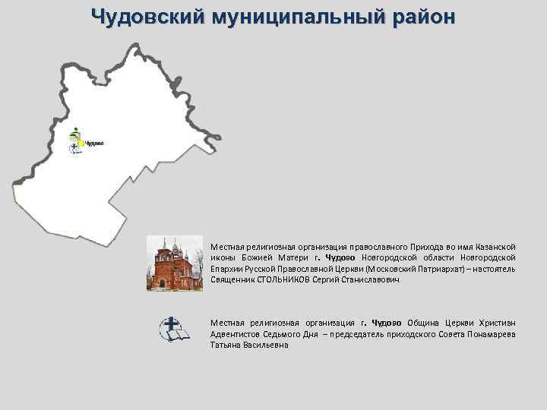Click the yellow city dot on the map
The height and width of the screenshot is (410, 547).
point(81,143)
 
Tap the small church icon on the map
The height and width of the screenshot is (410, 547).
point(75,132)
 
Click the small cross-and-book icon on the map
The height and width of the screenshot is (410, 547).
point(74,149)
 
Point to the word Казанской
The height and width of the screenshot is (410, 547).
point(496,247)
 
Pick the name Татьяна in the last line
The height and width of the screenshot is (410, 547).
point(226,345)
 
